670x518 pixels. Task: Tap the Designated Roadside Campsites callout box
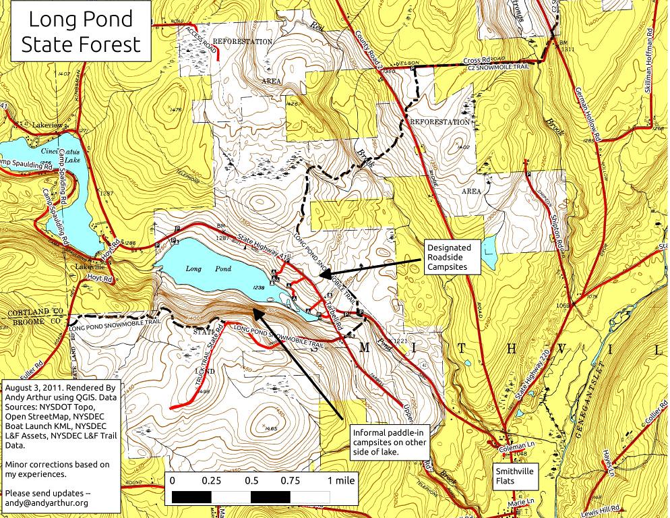pyautogui.click(x=454, y=257)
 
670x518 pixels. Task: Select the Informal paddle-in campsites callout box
pyautogui.click(x=384, y=442)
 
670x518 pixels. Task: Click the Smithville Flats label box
pyautogui.click(x=516, y=476)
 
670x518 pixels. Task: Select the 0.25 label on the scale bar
pyautogui.click(x=212, y=481)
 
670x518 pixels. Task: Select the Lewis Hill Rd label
pyautogui.click(x=604, y=506)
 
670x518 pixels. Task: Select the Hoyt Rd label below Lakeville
pyautogui.click(x=98, y=277)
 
